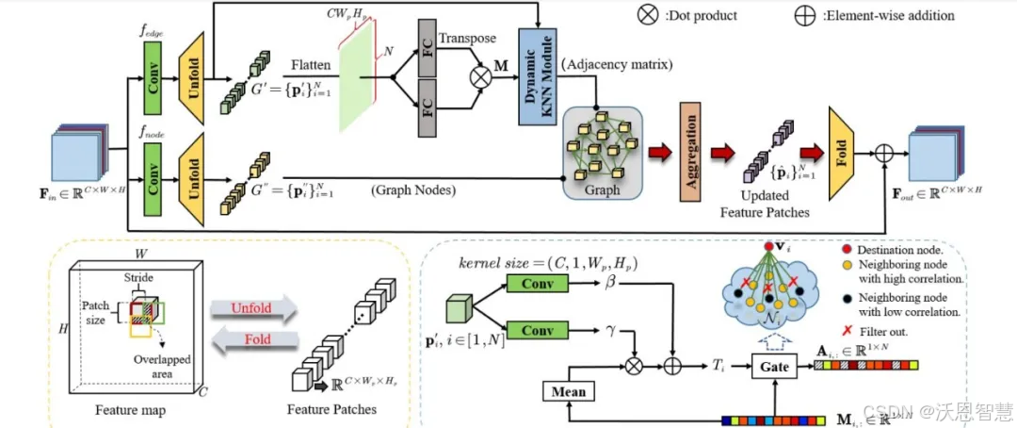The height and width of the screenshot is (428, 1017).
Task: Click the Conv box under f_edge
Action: [x=153, y=74]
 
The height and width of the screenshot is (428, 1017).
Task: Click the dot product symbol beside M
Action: [x=480, y=77]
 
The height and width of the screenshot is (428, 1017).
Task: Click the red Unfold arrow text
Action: [x=252, y=307]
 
